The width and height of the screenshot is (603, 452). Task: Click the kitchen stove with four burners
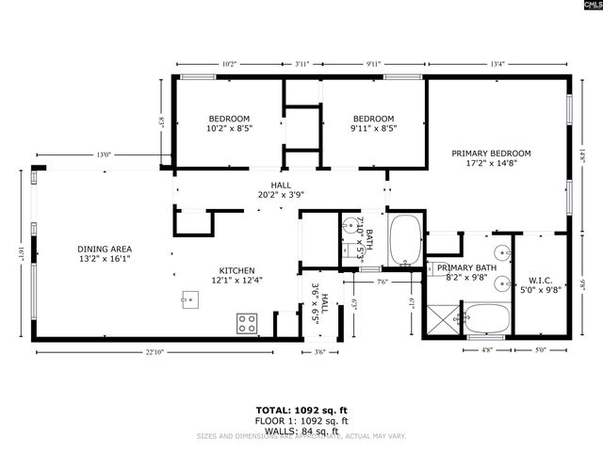[x=247, y=324]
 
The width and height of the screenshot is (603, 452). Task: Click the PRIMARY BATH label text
[x=460, y=268]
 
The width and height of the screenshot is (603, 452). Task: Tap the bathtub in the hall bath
[x=406, y=241]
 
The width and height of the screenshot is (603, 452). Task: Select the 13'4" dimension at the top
[x=497, y=64]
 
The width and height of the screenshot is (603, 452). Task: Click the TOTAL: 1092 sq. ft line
[x=301, y=411]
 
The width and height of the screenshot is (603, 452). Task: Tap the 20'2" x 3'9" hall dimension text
[x=282, y=195]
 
